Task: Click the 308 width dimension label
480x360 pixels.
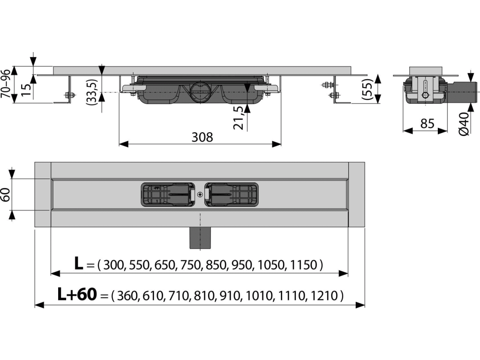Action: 202,137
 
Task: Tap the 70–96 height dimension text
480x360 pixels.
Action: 6,83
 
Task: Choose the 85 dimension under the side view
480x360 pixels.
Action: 427,123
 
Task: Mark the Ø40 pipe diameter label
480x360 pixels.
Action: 464,124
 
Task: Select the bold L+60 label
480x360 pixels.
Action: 77,294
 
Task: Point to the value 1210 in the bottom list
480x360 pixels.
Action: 324,296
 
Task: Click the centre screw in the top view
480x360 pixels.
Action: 200,194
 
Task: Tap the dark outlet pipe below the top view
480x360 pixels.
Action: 200,238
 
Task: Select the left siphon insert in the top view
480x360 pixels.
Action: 168,195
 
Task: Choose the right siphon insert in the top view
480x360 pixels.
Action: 232,195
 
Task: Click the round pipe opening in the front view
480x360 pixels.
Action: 200,91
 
